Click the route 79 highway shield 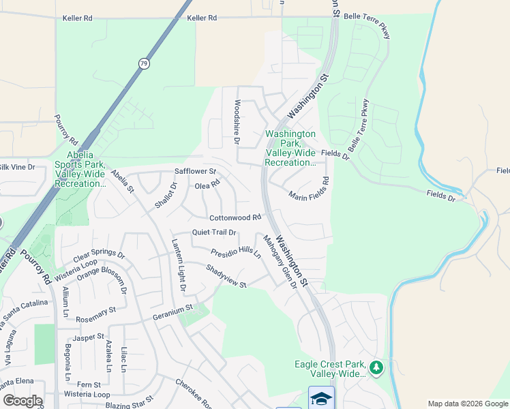point(143,63)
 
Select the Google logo point(22,401)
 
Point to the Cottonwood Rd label point(235,218)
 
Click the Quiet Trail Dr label point(213,232)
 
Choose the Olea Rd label point(208,185)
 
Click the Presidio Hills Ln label point(235,253)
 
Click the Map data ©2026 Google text point(467,404)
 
